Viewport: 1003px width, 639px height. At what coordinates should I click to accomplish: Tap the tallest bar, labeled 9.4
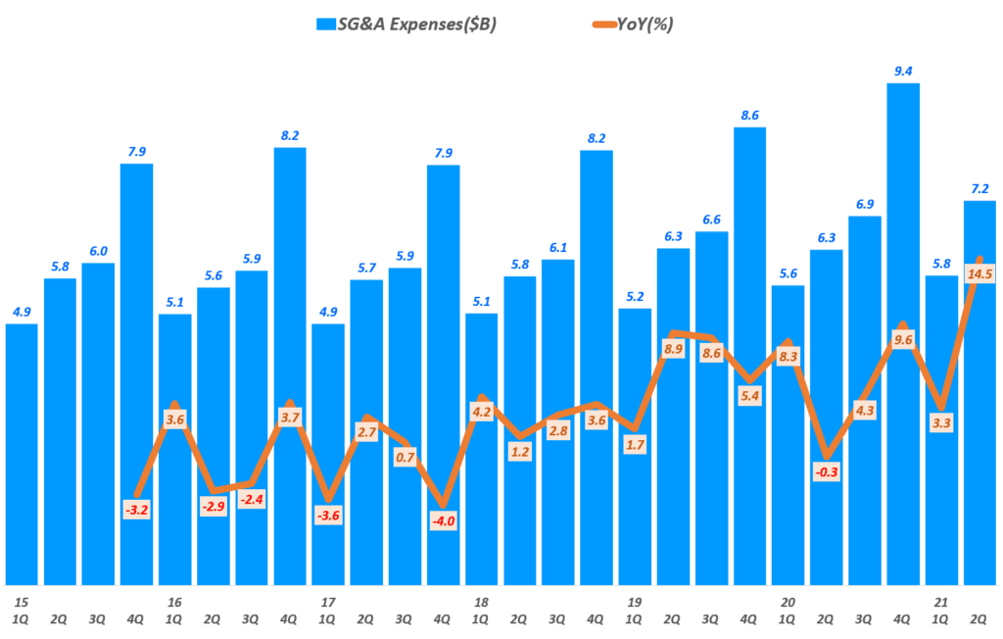click(x=903, y=333)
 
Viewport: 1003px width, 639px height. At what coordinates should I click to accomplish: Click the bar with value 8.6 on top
click(x=749, y=353)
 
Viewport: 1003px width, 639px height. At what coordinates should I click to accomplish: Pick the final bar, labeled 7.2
click(x=979, y=392)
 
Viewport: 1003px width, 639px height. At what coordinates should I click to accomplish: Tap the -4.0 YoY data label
click(x=443, y=520)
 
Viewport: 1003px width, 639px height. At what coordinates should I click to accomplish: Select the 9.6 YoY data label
click(x=903, y=340)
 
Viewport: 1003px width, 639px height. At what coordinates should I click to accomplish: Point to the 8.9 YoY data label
click(x=673, y=349)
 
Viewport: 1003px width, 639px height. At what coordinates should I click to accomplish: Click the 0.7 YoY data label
click(x=405, y=457)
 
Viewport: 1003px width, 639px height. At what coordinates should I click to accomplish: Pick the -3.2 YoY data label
click(x=136, y=511)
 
